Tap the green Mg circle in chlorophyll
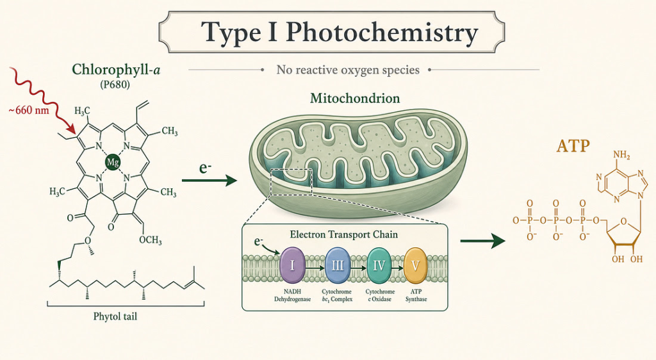pos(113,162)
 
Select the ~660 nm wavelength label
pos(28,110)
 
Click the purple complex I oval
pos(292,265)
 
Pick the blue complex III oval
pos(337,265)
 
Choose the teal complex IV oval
pos(379,265)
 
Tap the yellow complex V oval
pos(415,265)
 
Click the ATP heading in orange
pos(573,146)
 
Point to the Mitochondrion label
pos(355,99)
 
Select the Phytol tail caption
pos(115,316)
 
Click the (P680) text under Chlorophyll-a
pos(115,85)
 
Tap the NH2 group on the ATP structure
pos(621,156)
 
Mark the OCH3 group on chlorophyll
pos(150,240)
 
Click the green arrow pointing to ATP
pos(483,241)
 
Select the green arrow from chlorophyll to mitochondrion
pos(209,181)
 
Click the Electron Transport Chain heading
pos(343,234)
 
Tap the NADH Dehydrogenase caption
pos(292,295)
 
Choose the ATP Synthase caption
pos(416,295)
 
